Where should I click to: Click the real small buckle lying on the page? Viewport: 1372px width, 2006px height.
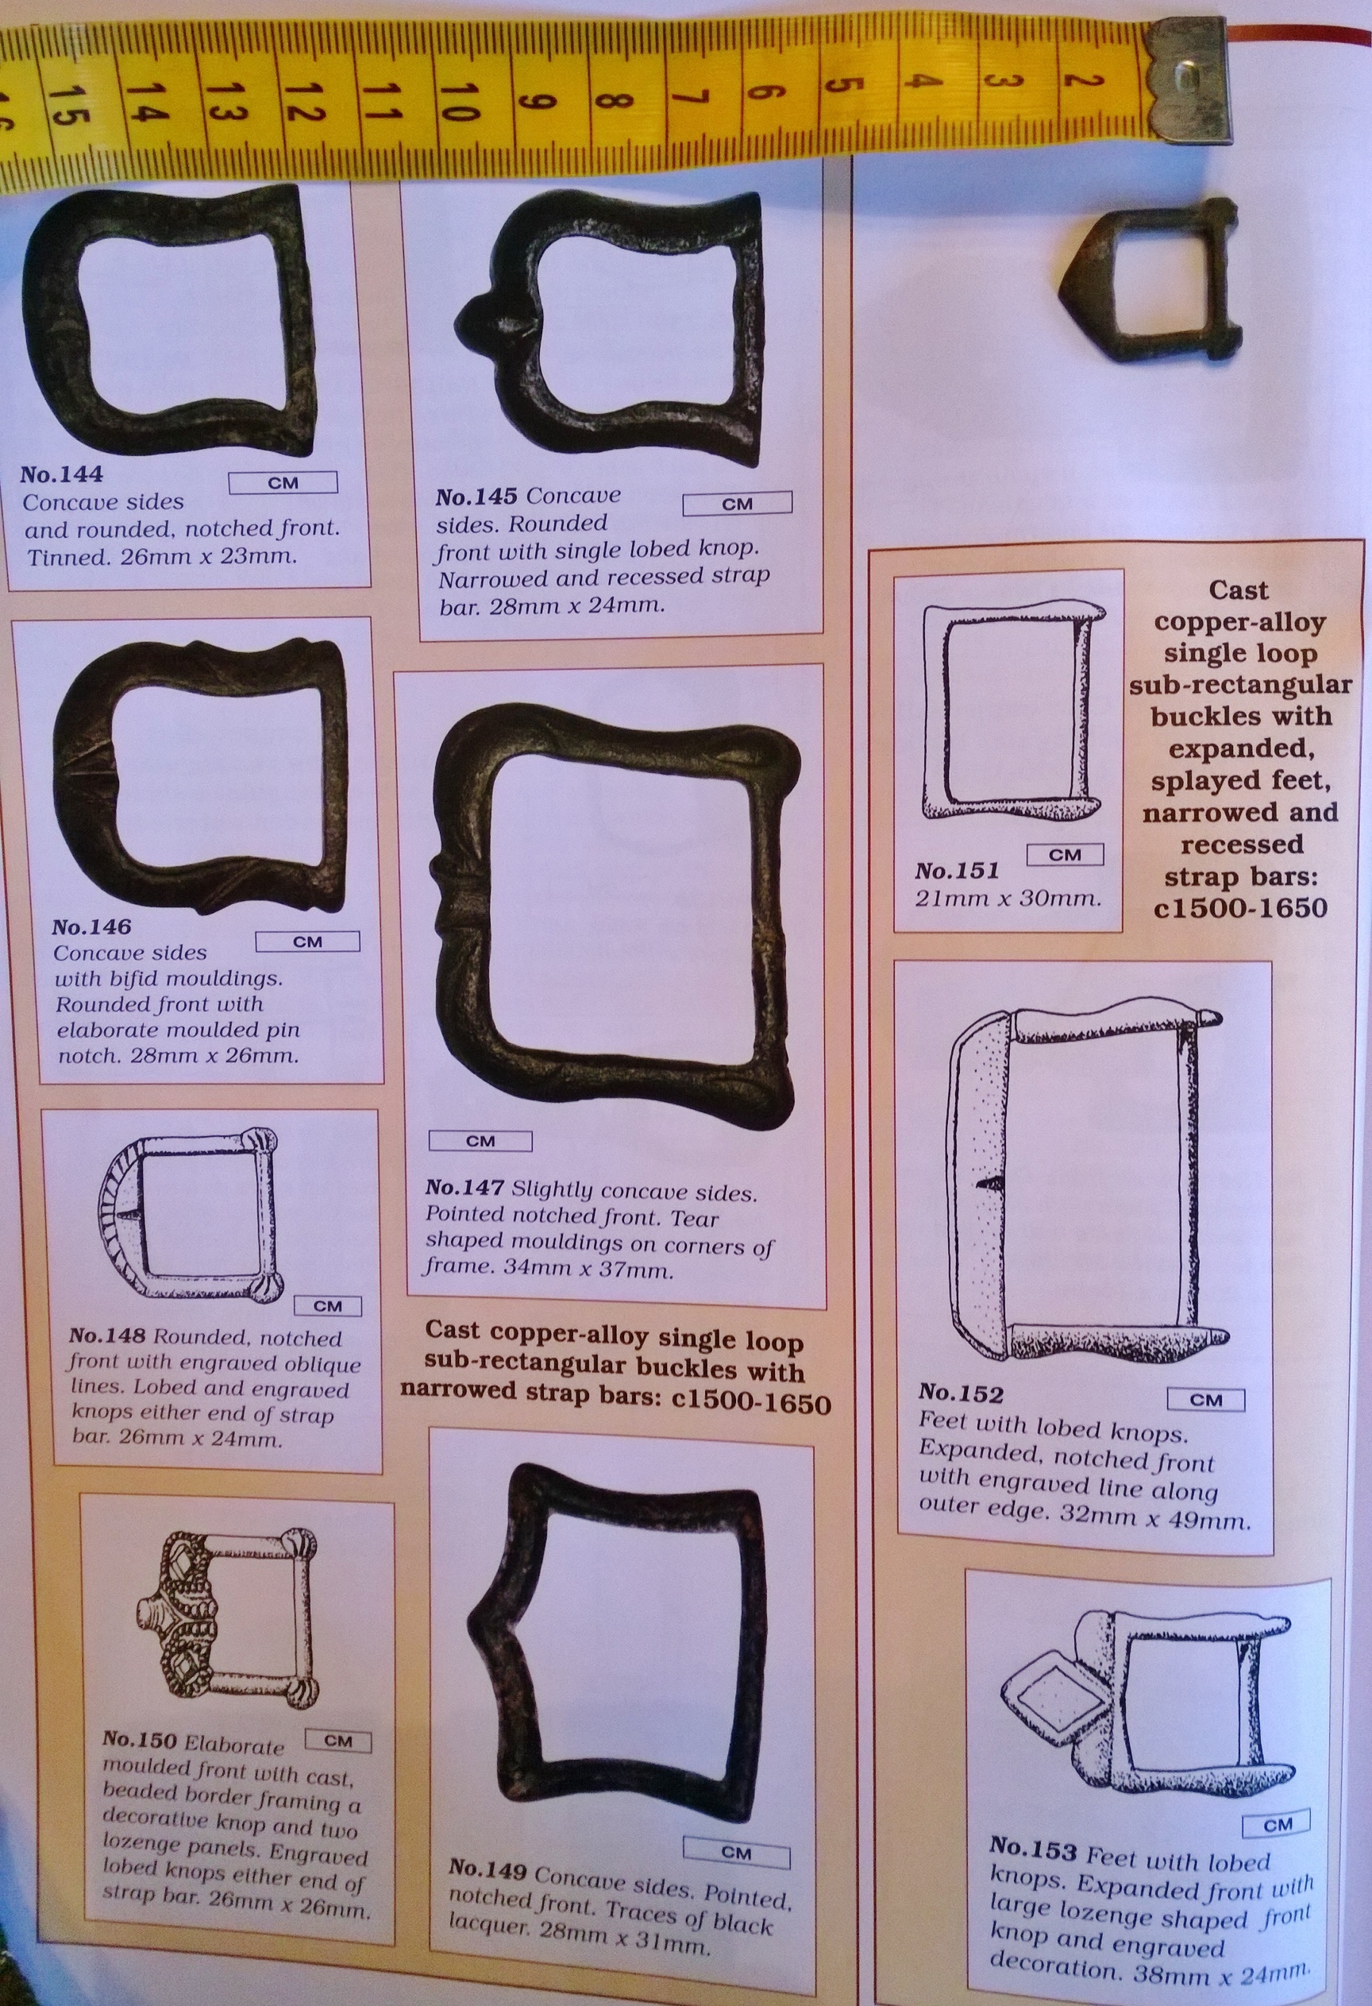[x=1147, y=280]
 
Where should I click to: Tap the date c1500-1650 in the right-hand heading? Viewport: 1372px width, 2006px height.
[x=1240, y=907]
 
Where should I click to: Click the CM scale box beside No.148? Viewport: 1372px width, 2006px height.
[x=328, y=1306]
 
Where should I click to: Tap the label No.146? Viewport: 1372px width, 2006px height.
[x=91, y=927]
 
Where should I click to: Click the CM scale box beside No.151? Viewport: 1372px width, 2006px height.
[x=1065, y=855]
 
